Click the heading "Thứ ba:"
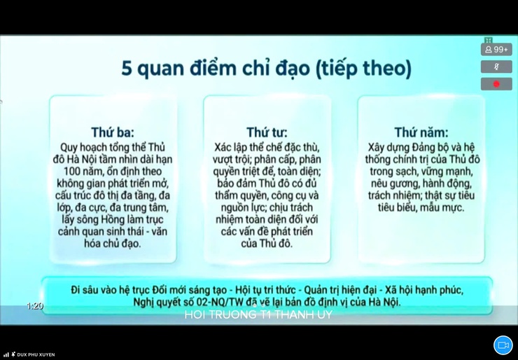113,132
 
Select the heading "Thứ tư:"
267,132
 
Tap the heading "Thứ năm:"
421,132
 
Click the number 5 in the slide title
127,69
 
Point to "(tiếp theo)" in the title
363,69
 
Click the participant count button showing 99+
496,50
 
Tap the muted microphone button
496,67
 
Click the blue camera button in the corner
503,345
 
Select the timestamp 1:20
35,306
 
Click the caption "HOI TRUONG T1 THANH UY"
258,315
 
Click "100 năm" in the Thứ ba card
83,172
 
